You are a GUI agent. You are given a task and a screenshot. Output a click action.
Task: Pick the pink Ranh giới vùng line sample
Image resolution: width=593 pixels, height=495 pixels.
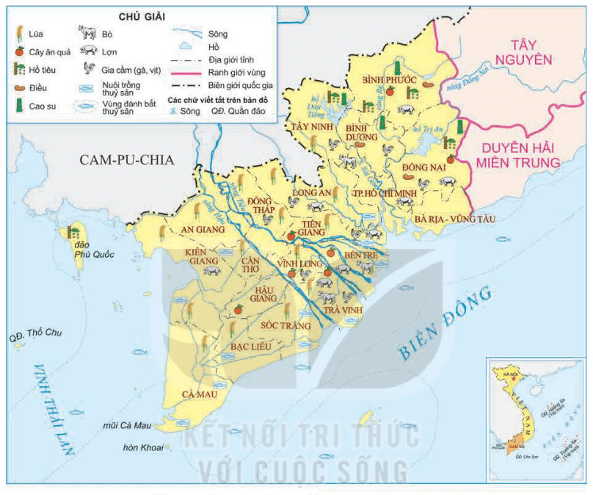pos(187,73)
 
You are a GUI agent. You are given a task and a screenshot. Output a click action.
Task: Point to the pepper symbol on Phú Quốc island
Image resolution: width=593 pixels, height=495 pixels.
pos(73,232)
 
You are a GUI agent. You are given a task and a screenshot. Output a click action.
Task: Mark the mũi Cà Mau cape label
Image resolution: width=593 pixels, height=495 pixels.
pos(126,427)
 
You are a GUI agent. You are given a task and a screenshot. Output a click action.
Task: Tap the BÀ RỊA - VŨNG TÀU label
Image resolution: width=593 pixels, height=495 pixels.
pos(455,219)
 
